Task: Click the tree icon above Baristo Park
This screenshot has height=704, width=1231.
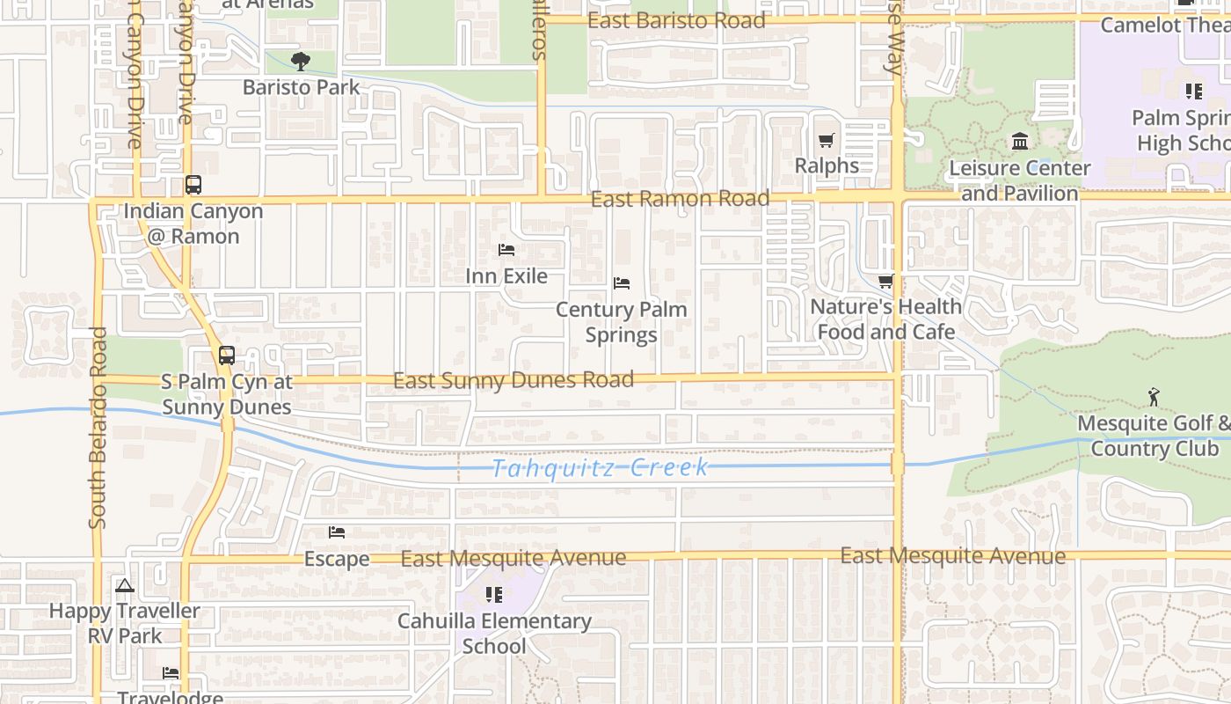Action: [301, 62]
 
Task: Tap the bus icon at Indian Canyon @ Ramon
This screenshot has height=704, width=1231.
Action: [193, 186]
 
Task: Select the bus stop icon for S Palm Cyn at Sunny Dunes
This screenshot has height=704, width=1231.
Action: [227, 356]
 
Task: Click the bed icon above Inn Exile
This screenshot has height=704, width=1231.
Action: [506, 250]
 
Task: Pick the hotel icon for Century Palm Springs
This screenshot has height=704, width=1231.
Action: [622, 283]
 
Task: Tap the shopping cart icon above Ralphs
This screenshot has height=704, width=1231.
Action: [827, 141]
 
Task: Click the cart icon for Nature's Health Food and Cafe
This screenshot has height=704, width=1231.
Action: [885, 282]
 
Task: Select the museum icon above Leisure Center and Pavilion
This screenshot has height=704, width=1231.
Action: [1020, 141]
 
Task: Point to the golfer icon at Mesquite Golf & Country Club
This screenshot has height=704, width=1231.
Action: [1154, 398]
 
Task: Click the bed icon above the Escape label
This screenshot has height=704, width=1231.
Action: [337, 532]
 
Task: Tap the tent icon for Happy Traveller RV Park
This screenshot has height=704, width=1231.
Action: [125, 585]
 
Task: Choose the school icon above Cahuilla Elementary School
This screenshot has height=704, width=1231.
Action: [494, 595]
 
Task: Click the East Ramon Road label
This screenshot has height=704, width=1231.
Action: [680, 199]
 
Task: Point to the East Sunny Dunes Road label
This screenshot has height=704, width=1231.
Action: [513, 380]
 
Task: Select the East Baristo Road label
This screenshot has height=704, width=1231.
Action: [676, 21]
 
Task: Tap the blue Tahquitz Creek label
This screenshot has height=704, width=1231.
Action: [600, 467]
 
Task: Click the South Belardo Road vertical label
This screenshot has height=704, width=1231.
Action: [97, 428]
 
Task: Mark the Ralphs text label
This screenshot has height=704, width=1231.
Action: [827, 165]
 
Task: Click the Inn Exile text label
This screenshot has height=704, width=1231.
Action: [506, 276]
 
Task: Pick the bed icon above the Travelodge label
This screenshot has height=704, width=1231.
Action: [171, 673]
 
